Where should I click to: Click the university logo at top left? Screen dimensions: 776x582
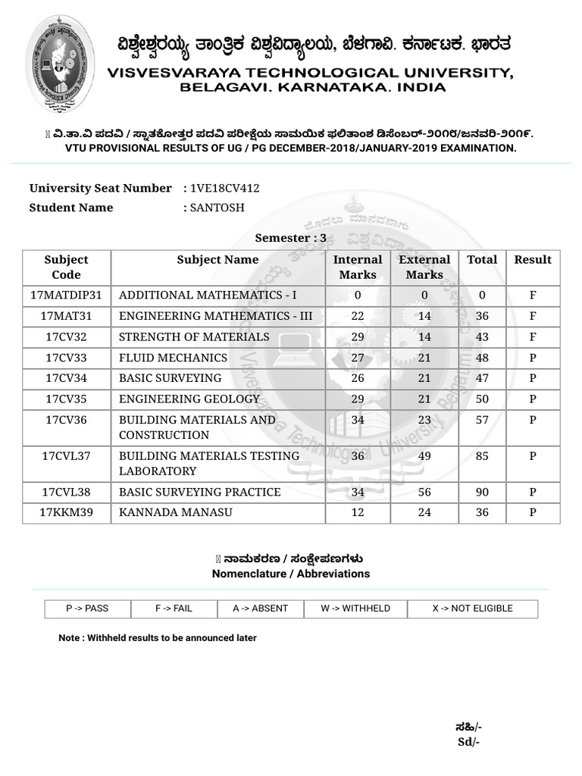(x=61, y=64)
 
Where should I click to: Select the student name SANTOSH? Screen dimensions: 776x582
(x=217, y=208)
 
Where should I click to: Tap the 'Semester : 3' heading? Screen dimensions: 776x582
(x=290, y=238)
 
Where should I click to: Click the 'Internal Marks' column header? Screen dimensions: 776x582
(x=358, y=268)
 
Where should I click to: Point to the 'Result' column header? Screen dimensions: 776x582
(x=533, y=260)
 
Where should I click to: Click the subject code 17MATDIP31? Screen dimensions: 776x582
(x=67, y=295)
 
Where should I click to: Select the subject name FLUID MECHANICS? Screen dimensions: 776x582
(x=173, y=358)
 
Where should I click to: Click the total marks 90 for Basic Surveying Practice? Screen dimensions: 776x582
(x=482, y=493)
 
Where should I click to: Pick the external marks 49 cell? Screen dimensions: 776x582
(x=424, y=456)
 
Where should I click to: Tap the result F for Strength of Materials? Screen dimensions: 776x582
(x=533, y=336)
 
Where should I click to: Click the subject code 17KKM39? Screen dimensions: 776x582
(x=67, y=513)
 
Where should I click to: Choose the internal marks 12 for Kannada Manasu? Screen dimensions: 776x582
(x=358, y=513)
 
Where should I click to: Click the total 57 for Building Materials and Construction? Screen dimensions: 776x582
(x=482, y=420)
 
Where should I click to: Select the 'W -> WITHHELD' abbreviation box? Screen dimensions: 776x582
(x=355, y=609)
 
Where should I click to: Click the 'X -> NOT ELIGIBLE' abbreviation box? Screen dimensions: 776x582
(x=472, y=609)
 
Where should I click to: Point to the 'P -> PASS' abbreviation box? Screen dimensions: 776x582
(x=87, y=609)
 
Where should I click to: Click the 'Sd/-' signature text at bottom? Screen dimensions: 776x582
(x=469, y=742)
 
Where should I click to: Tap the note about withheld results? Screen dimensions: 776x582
(x=158, y=638)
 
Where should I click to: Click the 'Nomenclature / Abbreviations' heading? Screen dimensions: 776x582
(x=291, y=574)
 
